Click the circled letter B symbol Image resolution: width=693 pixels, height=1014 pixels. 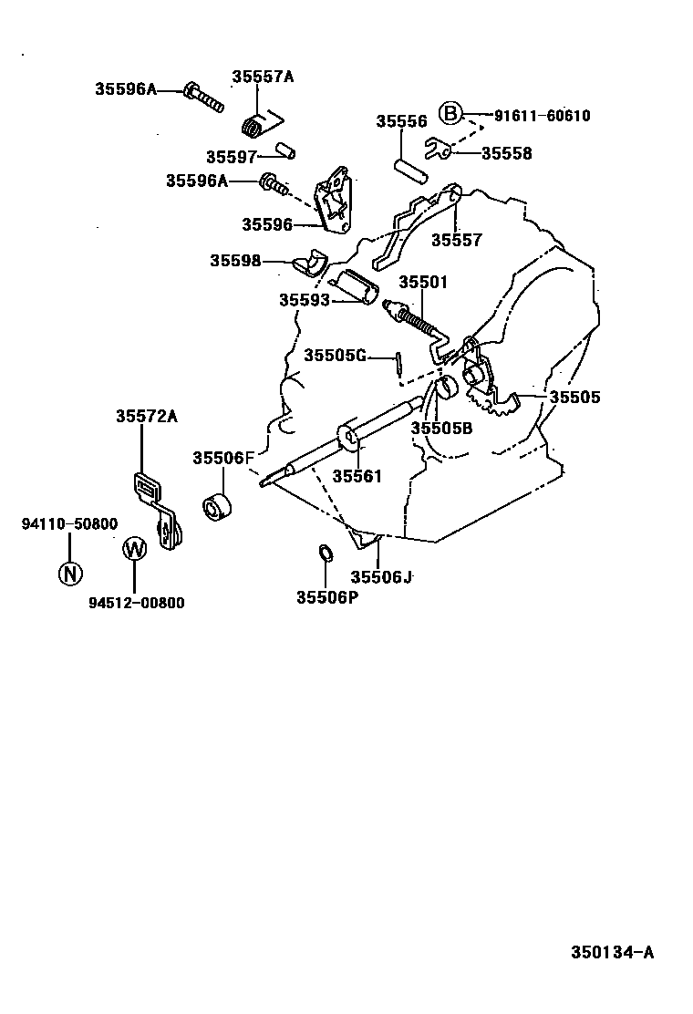[x=450, y=113]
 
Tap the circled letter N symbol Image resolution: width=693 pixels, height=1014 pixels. [x=70, y=573]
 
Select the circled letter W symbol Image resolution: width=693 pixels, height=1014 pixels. [x=134, y=549]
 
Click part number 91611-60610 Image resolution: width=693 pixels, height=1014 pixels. [x=542, y=116]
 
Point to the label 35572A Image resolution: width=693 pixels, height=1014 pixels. [x=146, y=416]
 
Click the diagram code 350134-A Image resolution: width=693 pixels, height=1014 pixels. [x=612, y=953]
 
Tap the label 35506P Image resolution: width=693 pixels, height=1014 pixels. [x=326, y=597]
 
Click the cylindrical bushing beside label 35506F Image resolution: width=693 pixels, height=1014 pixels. [x=216, y=508]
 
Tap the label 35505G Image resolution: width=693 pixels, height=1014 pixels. [x=335, y=355]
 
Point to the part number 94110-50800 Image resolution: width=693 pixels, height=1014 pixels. [x=70, y=523]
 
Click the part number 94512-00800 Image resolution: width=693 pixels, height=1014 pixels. [x=136, y=603]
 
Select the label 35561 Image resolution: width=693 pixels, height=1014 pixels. [x=357, y=475]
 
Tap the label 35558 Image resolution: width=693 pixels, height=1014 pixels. [x=506, y=153]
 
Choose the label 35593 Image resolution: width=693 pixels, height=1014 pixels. [x=305, y=299]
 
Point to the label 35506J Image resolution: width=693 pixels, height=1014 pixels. [x=382, y=576]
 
